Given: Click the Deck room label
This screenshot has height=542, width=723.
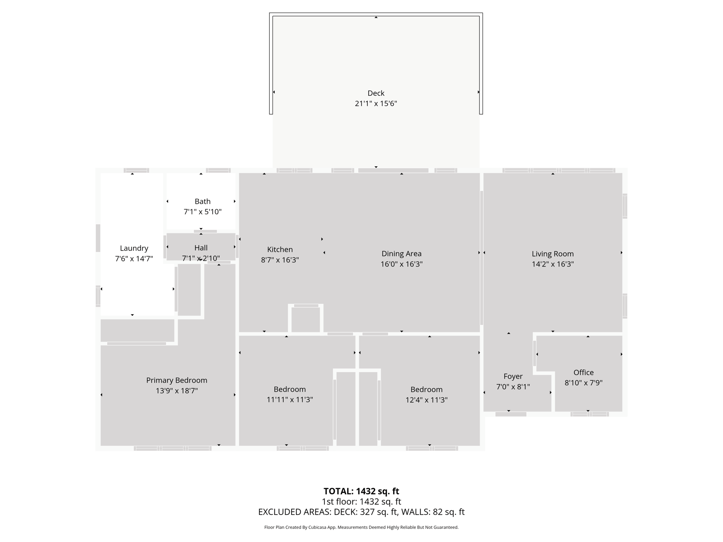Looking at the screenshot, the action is [376, 93].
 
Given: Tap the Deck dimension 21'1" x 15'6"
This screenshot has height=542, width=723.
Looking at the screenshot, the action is [376, 103].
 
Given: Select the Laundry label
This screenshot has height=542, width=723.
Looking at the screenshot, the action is [134, 248].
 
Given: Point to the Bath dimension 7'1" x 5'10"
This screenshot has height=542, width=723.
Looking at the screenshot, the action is [202, 211].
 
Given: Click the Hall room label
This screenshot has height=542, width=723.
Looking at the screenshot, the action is [201, 248].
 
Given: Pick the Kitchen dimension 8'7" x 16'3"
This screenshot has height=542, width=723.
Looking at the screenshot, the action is [280, 260].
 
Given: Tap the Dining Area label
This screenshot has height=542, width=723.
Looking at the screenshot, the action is [402, 254].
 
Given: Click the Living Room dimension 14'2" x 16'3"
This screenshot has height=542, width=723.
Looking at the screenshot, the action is [553, 264].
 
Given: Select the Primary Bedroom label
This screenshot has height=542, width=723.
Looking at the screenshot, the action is [177, 380].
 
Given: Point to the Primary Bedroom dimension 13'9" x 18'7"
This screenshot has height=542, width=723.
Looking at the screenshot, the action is [177, 391].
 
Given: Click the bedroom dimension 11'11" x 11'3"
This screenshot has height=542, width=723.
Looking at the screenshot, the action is [290, 400].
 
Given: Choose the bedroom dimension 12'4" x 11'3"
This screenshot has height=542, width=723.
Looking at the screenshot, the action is [427, 400].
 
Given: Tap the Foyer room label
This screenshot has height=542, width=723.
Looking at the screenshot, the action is [513, 377].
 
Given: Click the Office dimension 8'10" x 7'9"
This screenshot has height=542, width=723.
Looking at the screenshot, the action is [584, 383].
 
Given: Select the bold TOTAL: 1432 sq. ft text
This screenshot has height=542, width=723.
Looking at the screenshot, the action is [361, 491].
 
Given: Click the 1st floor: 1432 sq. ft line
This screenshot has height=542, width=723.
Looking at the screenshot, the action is [361, 501].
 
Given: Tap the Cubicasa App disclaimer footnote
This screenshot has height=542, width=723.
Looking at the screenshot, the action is [361, 527].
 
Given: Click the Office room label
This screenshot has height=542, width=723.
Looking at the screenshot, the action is [584, 373].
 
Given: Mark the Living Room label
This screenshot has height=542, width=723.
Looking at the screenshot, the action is [553, 254].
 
